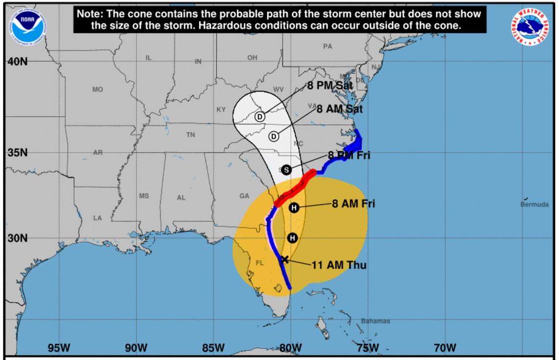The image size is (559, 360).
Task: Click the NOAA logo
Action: pos(28,25)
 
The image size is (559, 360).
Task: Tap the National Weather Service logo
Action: pos(530,26)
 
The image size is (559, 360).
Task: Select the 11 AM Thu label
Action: pos(339,265)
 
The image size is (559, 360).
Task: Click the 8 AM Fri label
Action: pos(353,203)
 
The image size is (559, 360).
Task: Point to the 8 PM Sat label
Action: pos(330,86)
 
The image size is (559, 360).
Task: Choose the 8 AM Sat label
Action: pos(339,109)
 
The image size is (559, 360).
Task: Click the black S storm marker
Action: pos(287,170)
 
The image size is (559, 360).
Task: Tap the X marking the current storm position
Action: pos(284,259)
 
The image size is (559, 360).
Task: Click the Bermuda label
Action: pos(534,205)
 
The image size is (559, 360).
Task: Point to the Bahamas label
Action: pos(376,321)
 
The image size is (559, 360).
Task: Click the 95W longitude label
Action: pos(59,348)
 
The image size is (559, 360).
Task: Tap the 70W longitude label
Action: pos(445,348)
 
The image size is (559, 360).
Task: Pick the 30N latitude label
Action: pos(17,238)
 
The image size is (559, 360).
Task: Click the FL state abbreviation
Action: pos(260,263)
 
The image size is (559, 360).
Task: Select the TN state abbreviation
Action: pos(190,135)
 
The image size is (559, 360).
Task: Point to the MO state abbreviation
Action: pos(98,90)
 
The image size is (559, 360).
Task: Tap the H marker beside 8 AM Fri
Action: pos(294,207)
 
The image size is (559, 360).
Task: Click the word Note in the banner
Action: pos(89,14)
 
